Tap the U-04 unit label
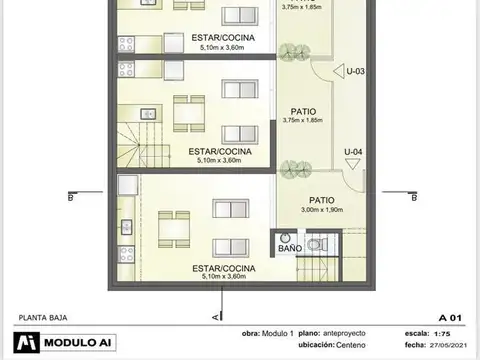pyautogui.click(x=352, y=152)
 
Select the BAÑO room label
pyautogui.click(x=289, y=247)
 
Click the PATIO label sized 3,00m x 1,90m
pyautogui.click(x=321, y=199)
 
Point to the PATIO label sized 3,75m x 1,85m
pyautogui.click(x=304, y=112)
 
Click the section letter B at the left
pyautogui.click(x=70, y=197)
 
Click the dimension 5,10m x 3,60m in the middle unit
pyautogui.click(x=221, y=159)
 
